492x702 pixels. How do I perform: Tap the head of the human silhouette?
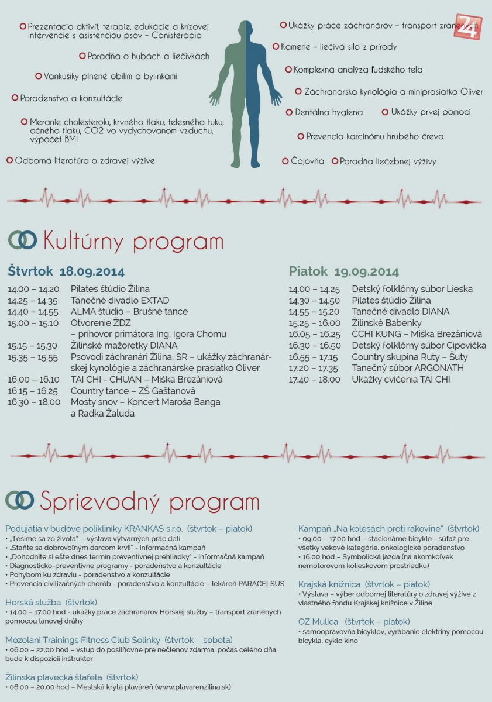(x=246, y=30)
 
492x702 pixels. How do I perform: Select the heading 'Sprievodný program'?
(x=149, y=501)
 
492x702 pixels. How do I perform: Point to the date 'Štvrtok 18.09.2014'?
(x=66, y=272)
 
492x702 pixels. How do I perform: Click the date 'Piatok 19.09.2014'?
(x=344, y=272)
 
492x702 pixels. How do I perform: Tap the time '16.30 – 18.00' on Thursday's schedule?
(x=34, y=402)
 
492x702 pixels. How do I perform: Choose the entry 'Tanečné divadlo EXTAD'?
(x=120, y=300)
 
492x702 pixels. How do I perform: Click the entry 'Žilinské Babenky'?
(x=387, y=323)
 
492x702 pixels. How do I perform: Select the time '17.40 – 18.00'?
(x=314, y=380)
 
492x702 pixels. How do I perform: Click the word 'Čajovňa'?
(x=307, y=161)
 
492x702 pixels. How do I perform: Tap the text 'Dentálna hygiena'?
(x=328, y=112)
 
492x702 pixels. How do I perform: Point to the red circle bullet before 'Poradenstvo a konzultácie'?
(x=15, y=98)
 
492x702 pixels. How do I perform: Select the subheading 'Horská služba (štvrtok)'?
(x=51, y=602)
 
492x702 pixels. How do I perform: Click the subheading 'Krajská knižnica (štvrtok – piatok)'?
(x=364, y=584)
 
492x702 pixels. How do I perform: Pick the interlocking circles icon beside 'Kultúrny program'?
(x=22, y=240)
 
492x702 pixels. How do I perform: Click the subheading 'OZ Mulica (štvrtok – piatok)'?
(x=354, y=621)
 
